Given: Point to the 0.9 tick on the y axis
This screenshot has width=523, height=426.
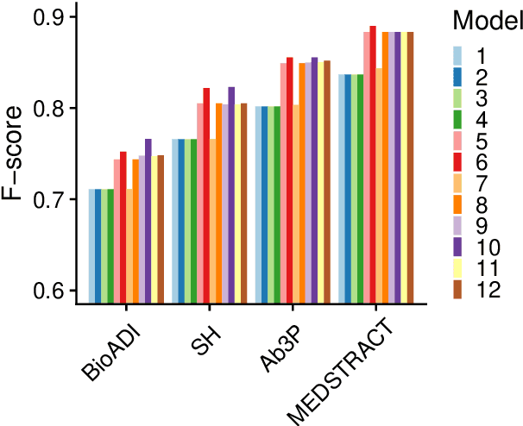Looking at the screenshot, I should [x=47, y=17].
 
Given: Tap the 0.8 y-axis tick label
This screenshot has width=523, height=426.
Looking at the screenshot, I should [x=47, y=109].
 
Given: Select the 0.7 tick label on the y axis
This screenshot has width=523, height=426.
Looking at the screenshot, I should [x=47, y=200].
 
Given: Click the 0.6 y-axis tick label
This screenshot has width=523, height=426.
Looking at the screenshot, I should [x=47, y=291].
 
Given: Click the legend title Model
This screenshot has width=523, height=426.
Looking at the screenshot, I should [x=487, y=19].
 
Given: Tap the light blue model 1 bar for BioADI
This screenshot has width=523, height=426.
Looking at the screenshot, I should [x=91, y=246].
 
